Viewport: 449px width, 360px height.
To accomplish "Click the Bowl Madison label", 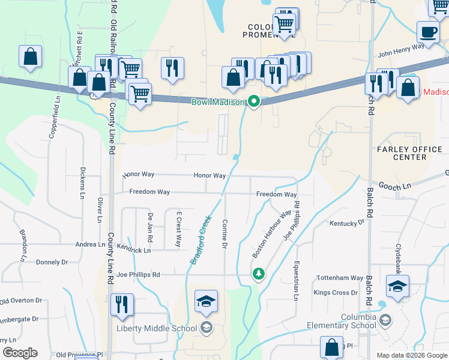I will click(218, 102).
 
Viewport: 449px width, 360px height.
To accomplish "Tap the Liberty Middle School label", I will click(157, 328).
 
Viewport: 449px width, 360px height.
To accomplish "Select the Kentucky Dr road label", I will click(347, 223).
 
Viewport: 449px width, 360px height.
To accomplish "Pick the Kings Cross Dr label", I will click(335, 293).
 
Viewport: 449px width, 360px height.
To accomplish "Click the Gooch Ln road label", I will click(398, 187).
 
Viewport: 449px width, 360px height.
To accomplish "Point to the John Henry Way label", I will click(400, 46).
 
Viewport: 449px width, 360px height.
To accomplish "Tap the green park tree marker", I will click(258, 274).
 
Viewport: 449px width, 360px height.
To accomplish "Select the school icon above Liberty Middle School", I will click(206, 301).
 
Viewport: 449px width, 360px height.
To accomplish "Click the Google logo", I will click(20, 353).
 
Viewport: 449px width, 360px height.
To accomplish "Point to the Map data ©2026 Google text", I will click(411, 355).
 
